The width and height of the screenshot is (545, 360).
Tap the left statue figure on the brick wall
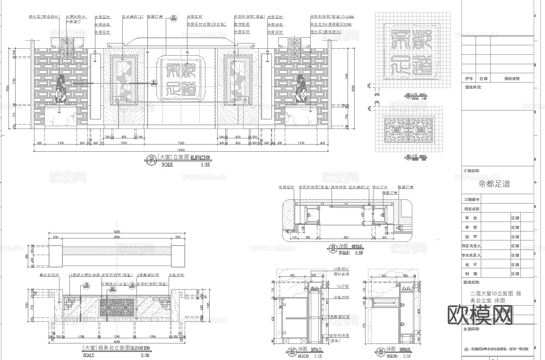tap(60, 88)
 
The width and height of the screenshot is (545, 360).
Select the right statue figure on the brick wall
tap(300, 88)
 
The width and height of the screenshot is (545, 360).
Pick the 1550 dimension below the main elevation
tap(124, 142)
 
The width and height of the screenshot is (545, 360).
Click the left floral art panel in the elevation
tap(124, 79)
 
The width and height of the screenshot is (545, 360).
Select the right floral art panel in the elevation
tap(238, 79)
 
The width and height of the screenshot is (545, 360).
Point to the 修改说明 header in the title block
tap(512, 79)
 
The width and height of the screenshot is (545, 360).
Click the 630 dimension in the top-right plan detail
tap(346, 238)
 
